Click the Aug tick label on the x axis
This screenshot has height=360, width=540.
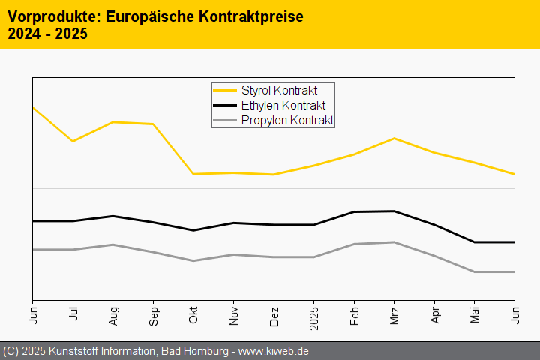coord(113,311)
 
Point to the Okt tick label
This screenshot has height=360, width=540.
coord(193,311)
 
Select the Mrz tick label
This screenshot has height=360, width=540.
coord(394,311)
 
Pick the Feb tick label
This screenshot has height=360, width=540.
coord(354,311)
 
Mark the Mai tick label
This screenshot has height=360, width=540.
coord(475,311)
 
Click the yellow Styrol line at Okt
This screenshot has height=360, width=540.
coord(193,174)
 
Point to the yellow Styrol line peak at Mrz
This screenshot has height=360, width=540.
coord(394,139)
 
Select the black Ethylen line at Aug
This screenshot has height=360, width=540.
coord(112,216)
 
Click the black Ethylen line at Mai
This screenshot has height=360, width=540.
coord(475,242)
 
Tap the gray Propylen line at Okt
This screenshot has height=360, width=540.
coord(193,261)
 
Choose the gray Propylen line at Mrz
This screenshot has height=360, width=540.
coord(394,242)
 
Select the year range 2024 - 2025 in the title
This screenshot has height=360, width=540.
coord(47,34)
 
